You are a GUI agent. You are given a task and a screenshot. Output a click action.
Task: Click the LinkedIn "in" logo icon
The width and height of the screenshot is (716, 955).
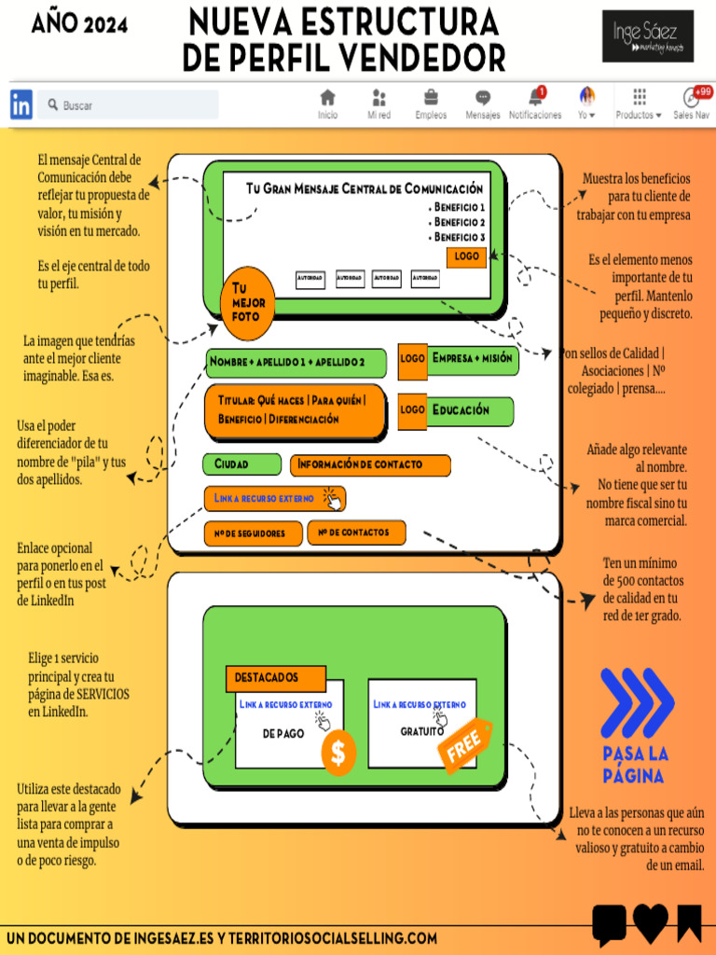[x=21, y=104]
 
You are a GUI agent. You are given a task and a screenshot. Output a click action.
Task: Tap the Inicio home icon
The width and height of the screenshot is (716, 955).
[x=327, y=98]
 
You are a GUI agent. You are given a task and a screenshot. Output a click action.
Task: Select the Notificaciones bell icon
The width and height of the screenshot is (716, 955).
[x=535, y=97]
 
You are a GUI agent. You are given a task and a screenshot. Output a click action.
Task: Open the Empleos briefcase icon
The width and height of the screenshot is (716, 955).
[x=431, y=98]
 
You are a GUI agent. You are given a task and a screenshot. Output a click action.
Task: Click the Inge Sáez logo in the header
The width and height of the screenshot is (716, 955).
[x=647, y=36]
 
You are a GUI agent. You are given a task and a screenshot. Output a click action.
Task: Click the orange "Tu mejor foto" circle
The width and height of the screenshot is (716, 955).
[x=248, y=302]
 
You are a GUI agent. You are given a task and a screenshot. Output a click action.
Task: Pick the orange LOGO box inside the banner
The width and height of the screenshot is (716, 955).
[x=466, y=256]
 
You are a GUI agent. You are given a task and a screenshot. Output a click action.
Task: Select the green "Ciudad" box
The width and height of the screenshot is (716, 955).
[x=241, y=464]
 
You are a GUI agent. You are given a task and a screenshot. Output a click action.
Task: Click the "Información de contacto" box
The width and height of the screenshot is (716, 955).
[x=370, y=464]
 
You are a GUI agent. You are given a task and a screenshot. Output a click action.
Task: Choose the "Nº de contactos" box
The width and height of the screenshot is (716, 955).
[x=356, y=533]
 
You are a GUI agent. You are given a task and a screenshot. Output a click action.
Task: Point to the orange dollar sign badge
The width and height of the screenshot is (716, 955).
[x=337, y=753]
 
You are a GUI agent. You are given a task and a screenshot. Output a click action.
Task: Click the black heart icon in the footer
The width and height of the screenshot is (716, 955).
[x=651, y=922]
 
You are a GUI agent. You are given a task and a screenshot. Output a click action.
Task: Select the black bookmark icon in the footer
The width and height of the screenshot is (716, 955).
[x=689, y=922]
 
